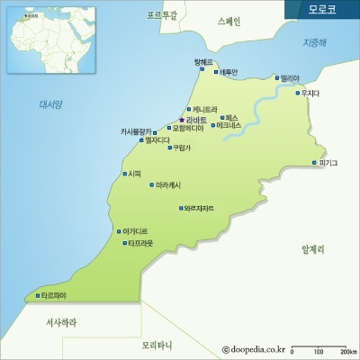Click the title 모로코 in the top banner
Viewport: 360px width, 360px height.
(x=321, y=10)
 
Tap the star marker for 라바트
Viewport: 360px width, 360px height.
(x=182, y=120)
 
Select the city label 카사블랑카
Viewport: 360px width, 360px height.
(x=139, y=130)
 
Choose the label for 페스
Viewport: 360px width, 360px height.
(x=231, y=117)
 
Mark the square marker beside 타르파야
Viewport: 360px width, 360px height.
(x=36, y=295)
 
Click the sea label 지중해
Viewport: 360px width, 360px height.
(x=315, y=42)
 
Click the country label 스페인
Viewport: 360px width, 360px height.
(x=229, y=21)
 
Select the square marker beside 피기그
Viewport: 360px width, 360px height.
(x=314, y=163)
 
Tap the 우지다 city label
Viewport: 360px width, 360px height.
(x=310, y=93)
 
